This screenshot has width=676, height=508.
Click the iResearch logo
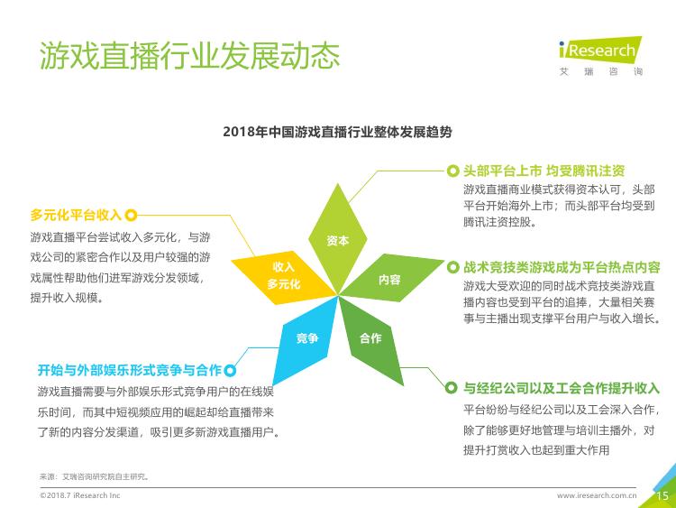point(600,56)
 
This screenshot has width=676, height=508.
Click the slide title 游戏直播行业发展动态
point(189,56)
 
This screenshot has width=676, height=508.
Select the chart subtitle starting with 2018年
point(337,132)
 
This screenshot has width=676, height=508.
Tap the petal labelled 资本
point(338,239)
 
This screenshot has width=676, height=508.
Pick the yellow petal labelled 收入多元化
point(283,276)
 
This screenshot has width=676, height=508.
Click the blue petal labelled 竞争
point(306,338)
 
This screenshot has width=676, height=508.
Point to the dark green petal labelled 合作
point(370,338)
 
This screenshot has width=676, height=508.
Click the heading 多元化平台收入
point(76,215)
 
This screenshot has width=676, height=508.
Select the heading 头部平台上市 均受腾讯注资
point(544,171)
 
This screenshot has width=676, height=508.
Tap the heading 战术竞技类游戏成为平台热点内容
point(562,268)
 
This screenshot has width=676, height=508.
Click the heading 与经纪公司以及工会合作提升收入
point(562,388)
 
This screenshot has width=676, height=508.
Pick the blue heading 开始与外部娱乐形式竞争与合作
point(129,370)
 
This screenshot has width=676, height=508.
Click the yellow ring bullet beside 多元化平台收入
point(131,215)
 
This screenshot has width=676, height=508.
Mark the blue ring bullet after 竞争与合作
point(230,370)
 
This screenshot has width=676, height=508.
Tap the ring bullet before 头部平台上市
point(452,171)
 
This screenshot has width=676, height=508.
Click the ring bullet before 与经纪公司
point(451,388)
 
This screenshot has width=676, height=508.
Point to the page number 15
point(662,496)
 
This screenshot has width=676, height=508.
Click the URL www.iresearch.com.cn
point(597,495)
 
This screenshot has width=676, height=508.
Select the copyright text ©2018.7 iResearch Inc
point(79,495)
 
